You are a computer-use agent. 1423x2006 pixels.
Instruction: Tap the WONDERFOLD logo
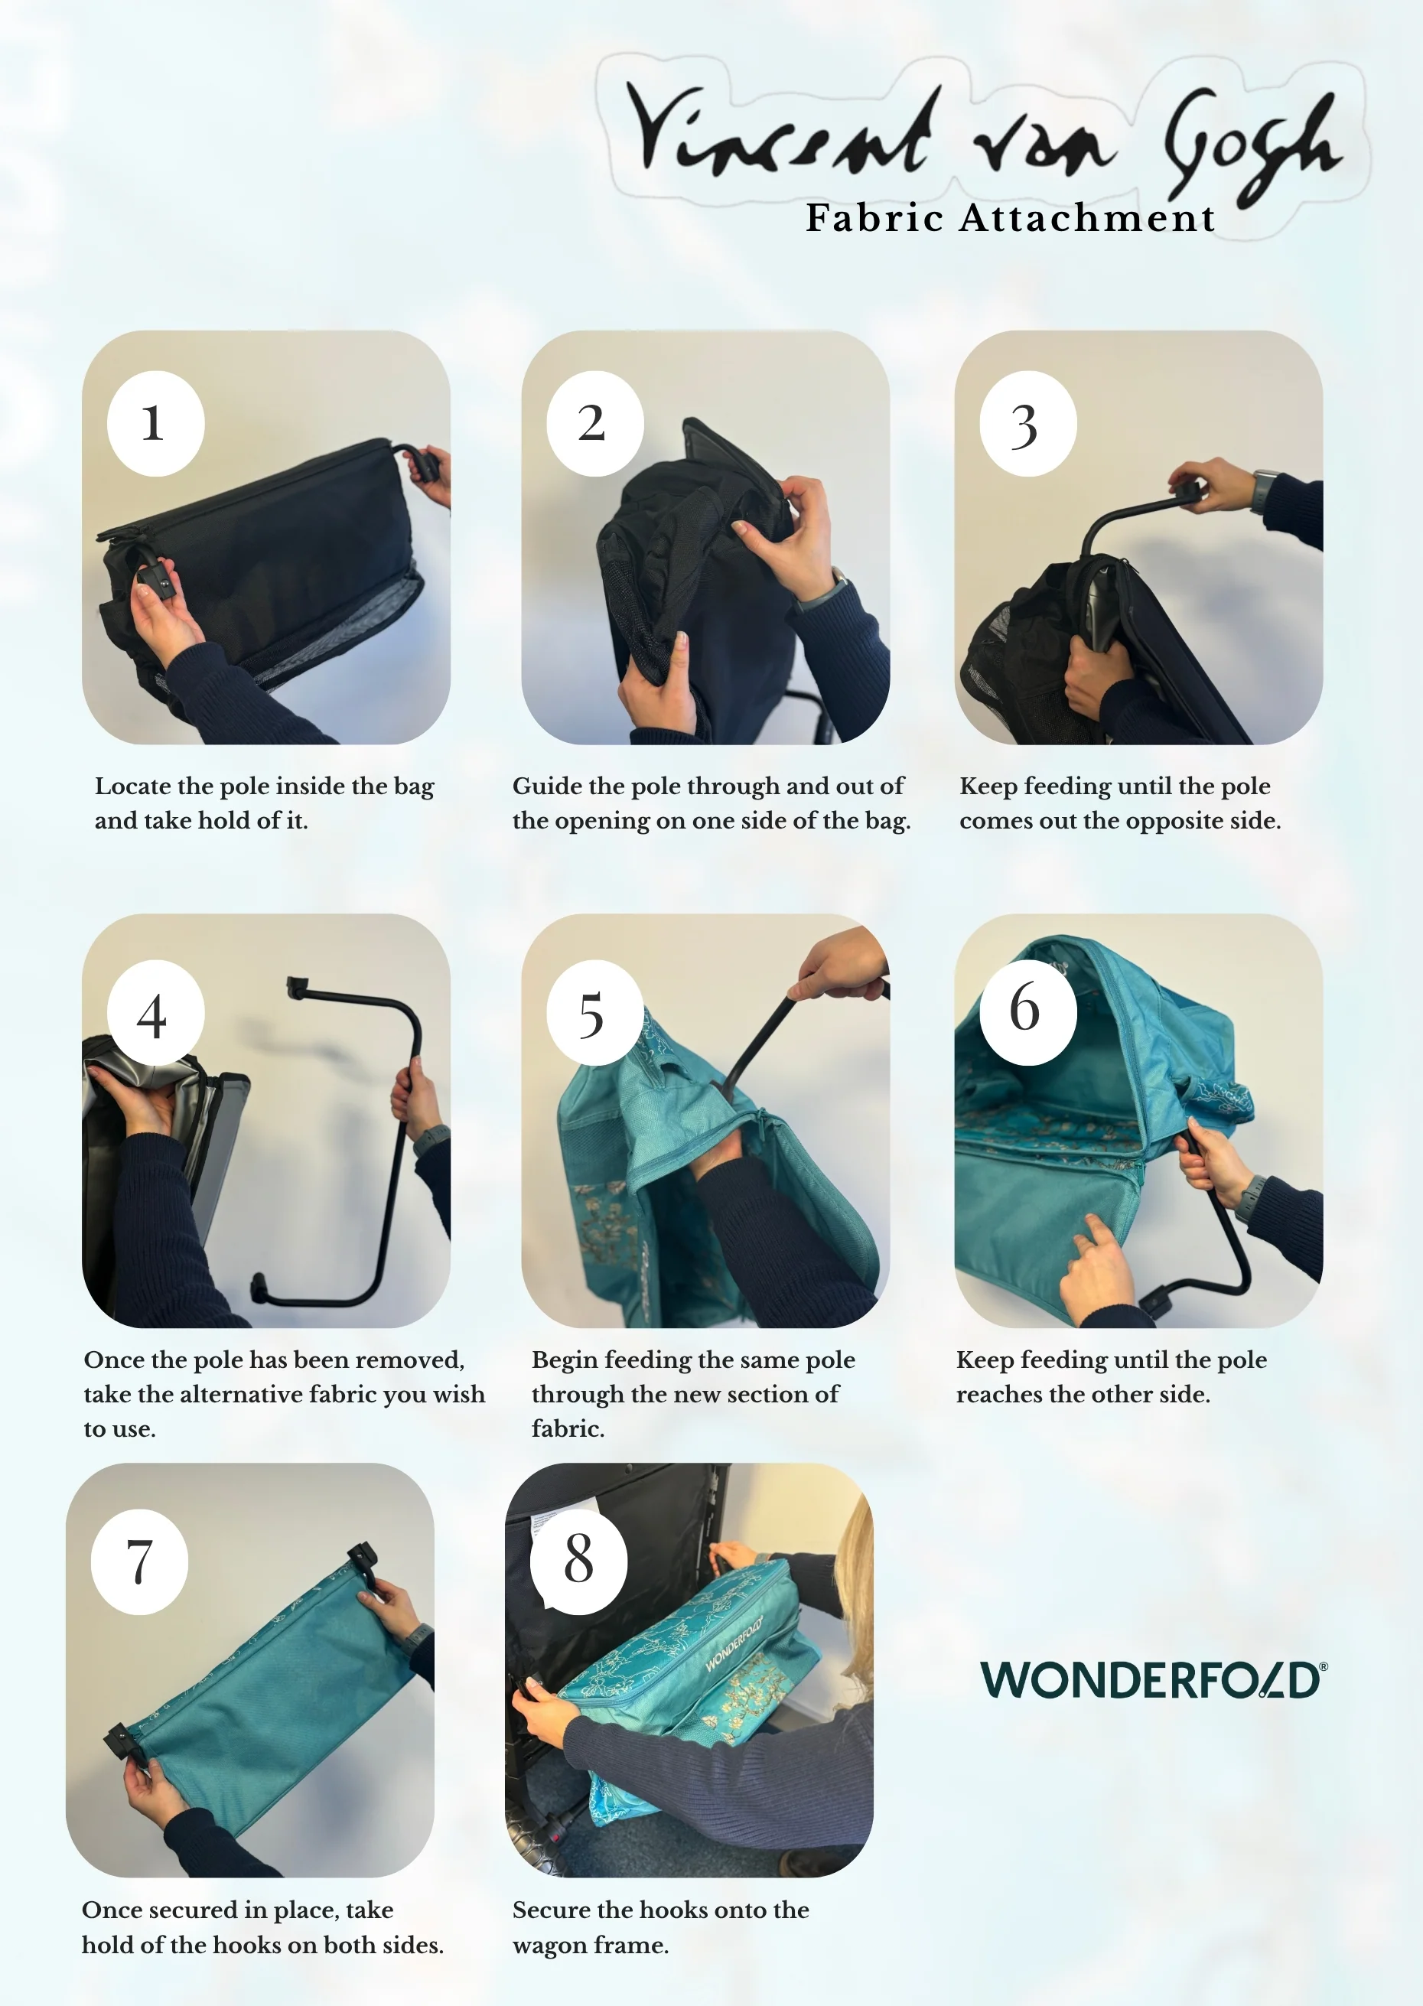click(1154, 1679)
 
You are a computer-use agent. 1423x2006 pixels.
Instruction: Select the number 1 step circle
click(156, 424)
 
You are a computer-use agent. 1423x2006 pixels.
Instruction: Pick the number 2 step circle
click(595, 424)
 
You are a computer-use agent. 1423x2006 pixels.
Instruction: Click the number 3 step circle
click(1027, 424)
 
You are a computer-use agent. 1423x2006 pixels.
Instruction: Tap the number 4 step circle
click(156, 1013)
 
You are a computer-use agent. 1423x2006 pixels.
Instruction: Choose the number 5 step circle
click(595, 1013)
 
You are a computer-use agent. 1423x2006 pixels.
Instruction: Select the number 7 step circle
click(139, 1561)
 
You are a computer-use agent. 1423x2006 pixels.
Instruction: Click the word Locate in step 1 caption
click(133, 786)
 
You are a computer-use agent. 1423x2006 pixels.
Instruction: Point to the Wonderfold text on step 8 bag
click(734, 1643)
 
